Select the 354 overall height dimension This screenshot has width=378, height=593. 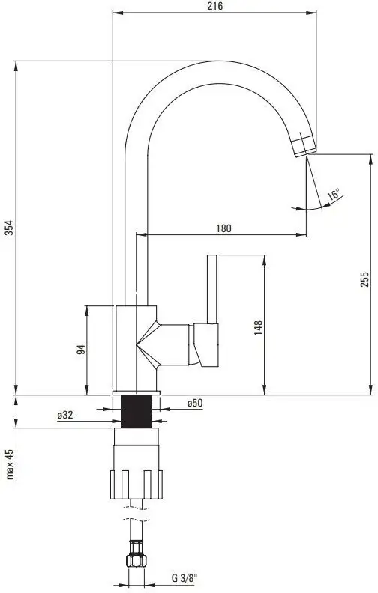(x=8, y=228)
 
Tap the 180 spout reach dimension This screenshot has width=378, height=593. (x=223, y=228)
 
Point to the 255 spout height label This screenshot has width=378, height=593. (x=364, y=279)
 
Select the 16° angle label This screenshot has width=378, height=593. (x=333, y=195)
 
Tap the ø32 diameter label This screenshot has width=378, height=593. (x=64, y=414)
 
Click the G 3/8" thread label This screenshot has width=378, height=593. (x=184, y=578)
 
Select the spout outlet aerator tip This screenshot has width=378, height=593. (x=304, y=145)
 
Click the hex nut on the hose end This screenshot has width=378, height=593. (x=136, y=560)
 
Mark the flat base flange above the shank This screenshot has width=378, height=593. (x=136, y=392)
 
